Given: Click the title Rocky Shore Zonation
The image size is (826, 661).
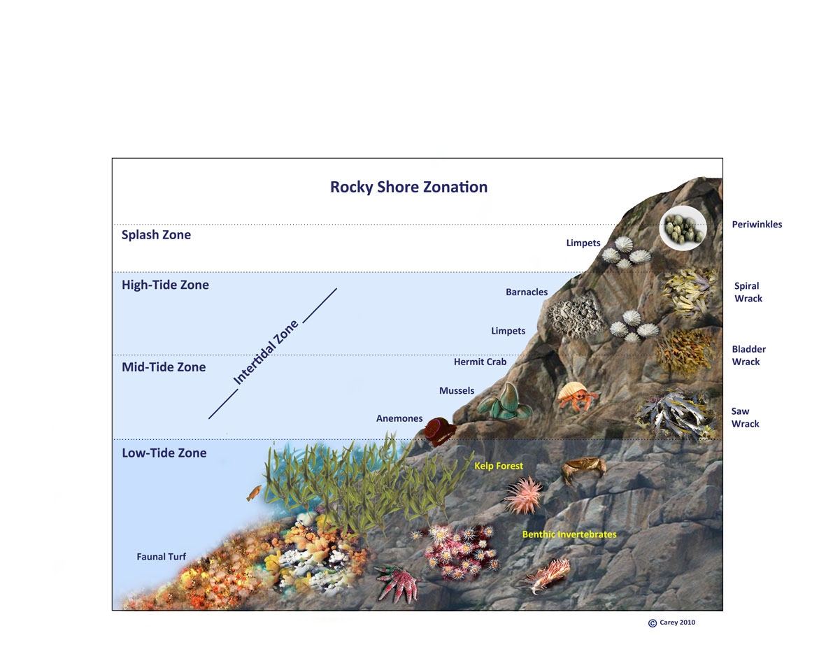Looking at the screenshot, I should [408, 187].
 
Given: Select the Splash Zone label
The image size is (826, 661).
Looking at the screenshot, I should [156, 235].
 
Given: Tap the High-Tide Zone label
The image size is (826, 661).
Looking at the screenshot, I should [165, 285].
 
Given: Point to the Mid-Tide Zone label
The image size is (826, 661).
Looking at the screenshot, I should [164, 367].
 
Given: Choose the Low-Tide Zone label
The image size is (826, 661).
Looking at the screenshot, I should [164, 453].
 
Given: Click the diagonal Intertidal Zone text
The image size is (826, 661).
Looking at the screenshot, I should [266, 353].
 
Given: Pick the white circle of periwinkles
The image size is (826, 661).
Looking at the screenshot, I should [683, 228].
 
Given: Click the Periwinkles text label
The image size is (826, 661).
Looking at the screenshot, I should [757, 225].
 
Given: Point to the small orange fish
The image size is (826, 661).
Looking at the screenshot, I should [253, 494].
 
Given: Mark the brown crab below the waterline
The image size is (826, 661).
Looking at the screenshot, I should [583, 469].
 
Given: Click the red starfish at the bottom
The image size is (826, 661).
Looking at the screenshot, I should [396, 583].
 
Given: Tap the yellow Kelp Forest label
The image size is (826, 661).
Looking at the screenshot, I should [499, 466].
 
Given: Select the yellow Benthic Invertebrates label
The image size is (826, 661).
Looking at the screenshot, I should [569, 534].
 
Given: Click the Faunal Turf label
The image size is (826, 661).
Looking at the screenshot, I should [161, 557].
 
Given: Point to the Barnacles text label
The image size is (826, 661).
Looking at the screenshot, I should [527, 292].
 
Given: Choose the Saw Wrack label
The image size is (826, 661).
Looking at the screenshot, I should [745, 418].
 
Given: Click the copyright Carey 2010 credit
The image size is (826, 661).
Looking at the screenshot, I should [672, 623].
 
